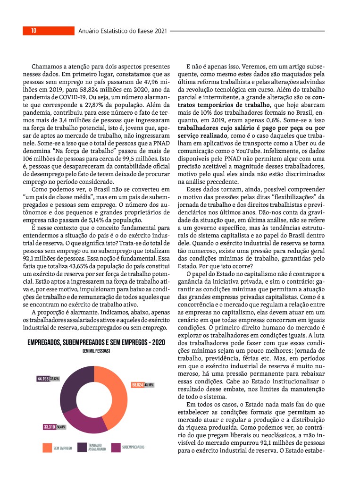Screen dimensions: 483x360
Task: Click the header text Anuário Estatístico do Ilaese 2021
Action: tap(123, 31)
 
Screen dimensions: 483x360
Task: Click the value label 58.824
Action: tap(137, 385)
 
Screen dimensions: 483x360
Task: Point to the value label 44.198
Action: tap(43, 379)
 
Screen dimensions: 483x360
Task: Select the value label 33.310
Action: tap(50, 427)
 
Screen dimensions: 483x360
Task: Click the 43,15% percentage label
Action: tap(149, 385)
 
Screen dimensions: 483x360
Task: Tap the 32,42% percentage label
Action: tap(55, 379)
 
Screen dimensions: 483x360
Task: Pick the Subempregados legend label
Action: tap(133, 447)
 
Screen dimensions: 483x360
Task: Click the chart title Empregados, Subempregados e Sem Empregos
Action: tap(96, 342)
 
